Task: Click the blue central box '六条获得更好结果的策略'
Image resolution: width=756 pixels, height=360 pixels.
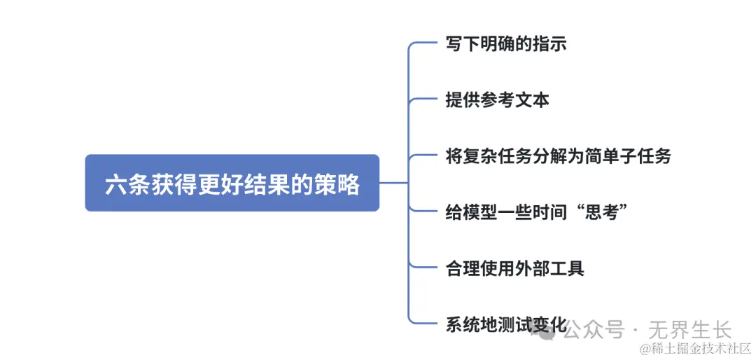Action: pyautogui.click(x=232, y=183)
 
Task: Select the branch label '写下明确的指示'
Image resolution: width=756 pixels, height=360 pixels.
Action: pyautogui.click(x=505, y=44)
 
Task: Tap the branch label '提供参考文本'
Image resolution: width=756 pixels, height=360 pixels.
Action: pyautogui.click(x=497, y=99)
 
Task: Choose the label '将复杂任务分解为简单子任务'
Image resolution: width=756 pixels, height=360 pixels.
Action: pyautogui.click(x=558, y=155)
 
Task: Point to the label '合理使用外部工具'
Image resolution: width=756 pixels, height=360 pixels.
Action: pyautogui.click(x=514, y=268)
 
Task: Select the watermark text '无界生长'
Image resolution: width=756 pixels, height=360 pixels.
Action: pyautogui.click(x=690, y=328)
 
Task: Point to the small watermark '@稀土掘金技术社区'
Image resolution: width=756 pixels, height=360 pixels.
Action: pyautogui.click(x=694, y=348)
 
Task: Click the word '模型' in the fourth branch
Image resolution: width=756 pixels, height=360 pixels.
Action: pyautogui.click(x=479, y=212)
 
